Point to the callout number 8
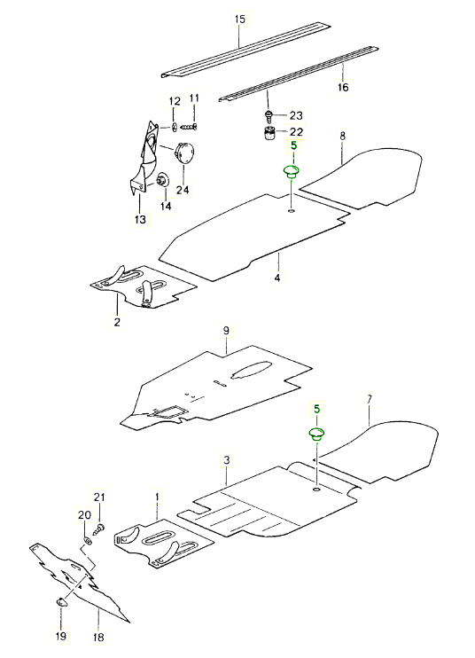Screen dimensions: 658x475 click(x=342, y=137)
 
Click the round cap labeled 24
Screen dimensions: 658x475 click(x=185, y=152)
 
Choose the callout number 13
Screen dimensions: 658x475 click(x=140, y=219)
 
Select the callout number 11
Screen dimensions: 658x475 click(x=194, y=98)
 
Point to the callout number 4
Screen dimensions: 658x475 click(x=277, y=278)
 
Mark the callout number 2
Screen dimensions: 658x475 click(x=116, y=322)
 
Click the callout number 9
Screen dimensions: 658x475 click(x=226, y=331)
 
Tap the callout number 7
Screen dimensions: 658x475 click(x=369, y=400)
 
